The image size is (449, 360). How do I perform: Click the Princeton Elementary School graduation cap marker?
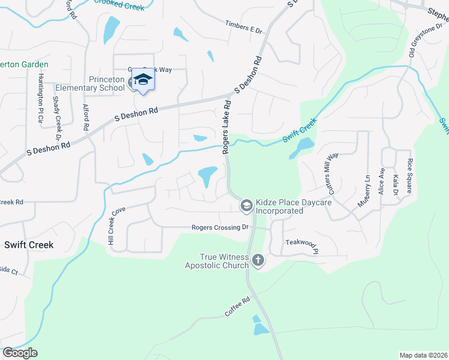[x=143, y=80]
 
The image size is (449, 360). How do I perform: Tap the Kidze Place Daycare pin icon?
[x=246, y=206]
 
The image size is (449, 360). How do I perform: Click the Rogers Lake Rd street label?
[x=227, y=127]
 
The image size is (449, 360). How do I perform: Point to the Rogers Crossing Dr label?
[x=220, y=227]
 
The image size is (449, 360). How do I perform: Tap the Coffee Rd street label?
[x=237, y=308]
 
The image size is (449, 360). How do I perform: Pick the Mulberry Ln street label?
[x=364, y=191]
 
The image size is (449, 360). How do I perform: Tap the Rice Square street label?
[x=410, y=175]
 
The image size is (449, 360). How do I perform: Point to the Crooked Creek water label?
[x=119, y=5]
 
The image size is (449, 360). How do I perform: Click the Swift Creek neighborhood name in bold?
[x=29, y=245]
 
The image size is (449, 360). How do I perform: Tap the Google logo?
[x=20, y=353]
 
